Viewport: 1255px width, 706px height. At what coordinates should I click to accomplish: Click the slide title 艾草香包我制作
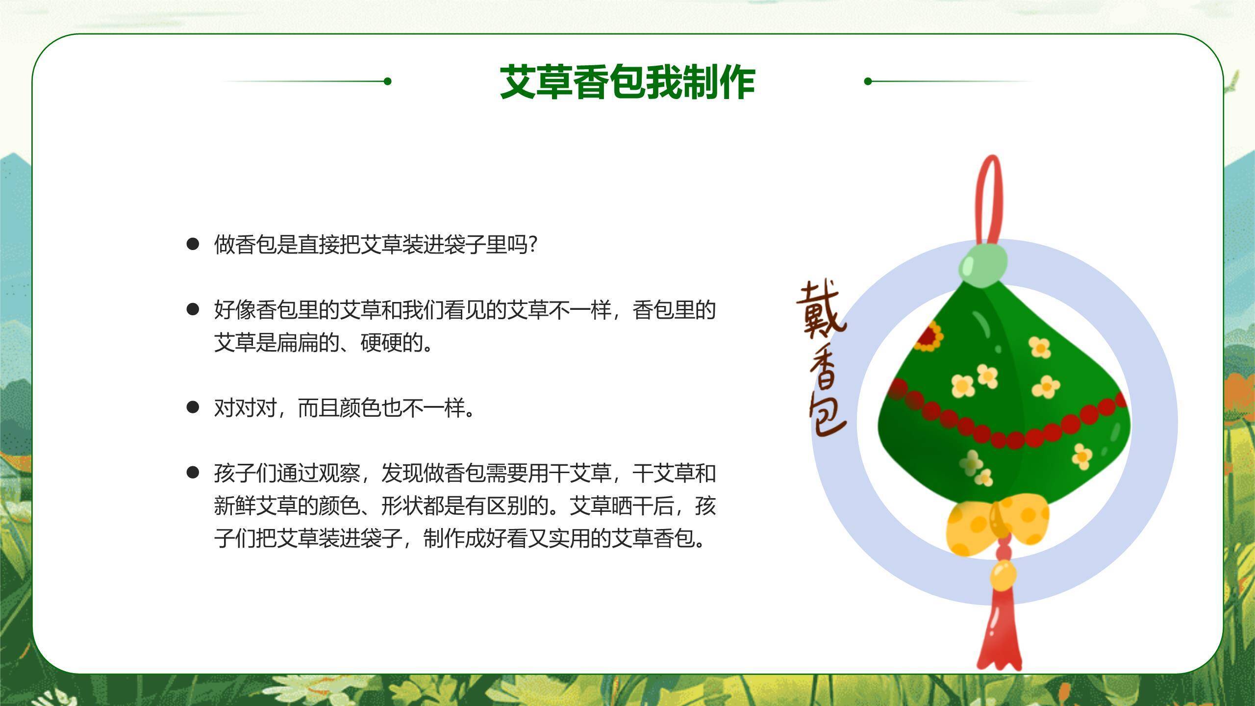(x=627, y=82)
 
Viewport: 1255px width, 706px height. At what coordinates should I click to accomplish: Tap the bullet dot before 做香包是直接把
(x=193, y=244)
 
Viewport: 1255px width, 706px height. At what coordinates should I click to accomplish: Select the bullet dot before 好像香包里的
(x=193, y=309)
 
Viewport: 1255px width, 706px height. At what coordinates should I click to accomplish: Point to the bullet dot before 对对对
(x=193, y=407)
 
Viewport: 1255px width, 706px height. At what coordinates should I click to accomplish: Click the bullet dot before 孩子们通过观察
(x=193, y=473)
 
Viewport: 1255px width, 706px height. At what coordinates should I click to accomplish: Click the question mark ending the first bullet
(x=534, y=244)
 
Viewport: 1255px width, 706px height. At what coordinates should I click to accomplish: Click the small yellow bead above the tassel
(x=1003, y=576)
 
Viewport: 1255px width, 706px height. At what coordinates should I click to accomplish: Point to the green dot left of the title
(x=387, y=81)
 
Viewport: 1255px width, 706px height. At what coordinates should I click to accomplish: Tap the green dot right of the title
(x=868, y=81)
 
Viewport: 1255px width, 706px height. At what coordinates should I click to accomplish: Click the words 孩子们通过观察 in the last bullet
(x=287, y=473)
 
